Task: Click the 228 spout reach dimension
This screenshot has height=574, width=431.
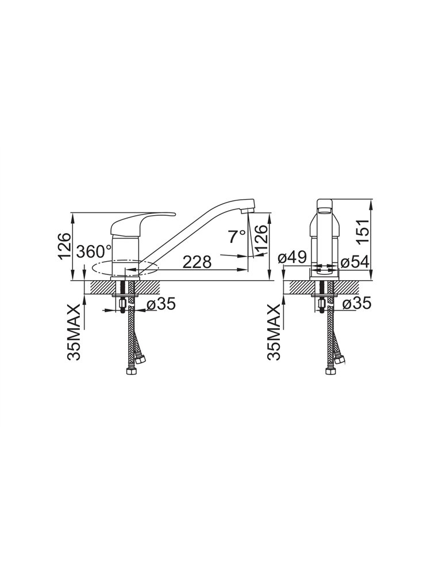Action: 197,262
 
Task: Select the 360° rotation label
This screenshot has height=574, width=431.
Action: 95,252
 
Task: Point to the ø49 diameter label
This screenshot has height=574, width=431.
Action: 292,258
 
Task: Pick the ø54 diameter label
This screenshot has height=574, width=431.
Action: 355,262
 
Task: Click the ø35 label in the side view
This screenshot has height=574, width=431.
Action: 161,304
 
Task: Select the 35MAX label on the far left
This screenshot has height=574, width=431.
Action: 74,332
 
